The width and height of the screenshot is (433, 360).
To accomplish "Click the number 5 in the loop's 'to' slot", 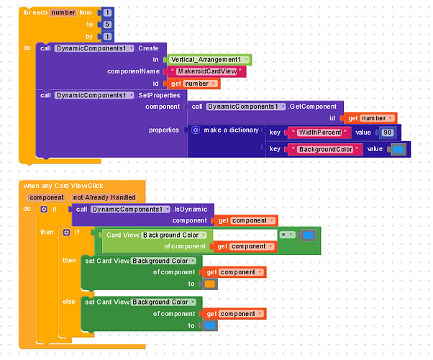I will click(108, 24).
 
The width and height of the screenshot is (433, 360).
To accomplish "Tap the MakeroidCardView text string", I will click(206, 71).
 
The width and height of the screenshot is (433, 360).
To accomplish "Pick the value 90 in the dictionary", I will click(387, 132).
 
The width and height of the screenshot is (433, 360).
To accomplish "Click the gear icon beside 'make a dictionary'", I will click(196, 130).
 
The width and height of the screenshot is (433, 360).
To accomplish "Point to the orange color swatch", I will click(209, 284).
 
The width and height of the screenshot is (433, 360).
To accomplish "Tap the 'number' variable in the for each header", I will click(63, 13).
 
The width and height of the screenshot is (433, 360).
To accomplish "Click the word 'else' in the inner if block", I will click(69, 302).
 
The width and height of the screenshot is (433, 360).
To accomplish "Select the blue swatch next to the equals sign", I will click(308, 235).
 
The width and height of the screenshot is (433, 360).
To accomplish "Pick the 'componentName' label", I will click(133, 71).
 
